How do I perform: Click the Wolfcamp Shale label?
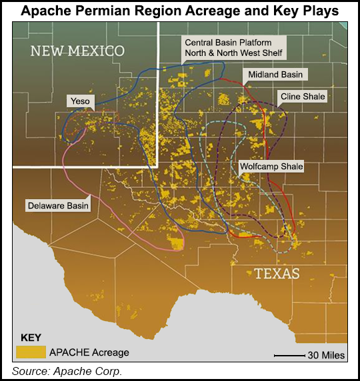click(271, 166)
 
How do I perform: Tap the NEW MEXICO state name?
click(78, 51)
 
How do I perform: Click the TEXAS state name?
click(276, 273)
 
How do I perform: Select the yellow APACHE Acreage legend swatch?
click(30, 352)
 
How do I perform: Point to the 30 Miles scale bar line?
click(289, 356)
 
